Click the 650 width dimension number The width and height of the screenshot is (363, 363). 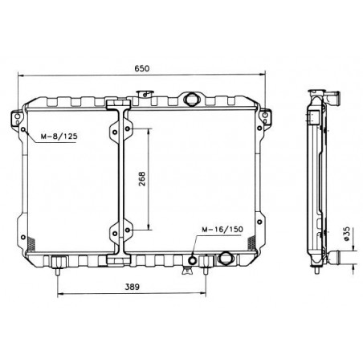(141, 68)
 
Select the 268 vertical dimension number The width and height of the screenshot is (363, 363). (141, 179)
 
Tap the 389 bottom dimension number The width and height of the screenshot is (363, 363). (133, 287)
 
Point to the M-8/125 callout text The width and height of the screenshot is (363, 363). (59, 137)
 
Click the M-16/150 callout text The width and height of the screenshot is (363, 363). (222, 230)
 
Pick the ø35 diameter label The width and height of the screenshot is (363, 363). (346, 234)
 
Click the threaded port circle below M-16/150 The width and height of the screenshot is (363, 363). (193, 260)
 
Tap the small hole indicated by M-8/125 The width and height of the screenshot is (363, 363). (23, 129)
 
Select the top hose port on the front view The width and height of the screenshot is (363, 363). (192, 99)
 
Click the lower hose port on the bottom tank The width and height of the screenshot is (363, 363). (226, 258)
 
